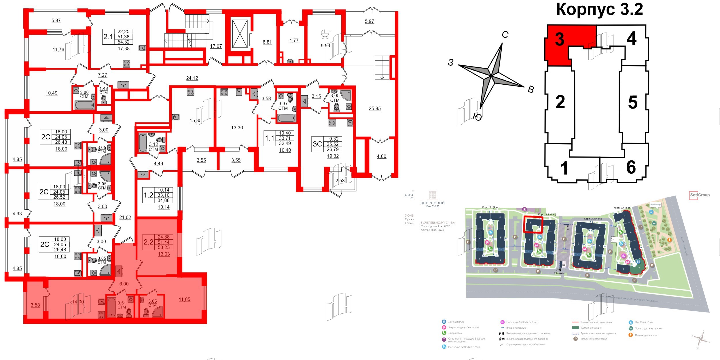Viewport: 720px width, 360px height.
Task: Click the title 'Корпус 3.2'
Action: pos(599,10)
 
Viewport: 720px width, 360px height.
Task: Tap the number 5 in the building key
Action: pos(632,102)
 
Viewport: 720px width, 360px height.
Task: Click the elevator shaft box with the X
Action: pos(240,34)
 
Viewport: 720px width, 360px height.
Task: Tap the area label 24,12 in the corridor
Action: pos(192,78)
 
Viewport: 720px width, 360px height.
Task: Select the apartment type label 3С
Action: pos(317,144)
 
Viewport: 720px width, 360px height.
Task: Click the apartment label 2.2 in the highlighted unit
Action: pos(149,242)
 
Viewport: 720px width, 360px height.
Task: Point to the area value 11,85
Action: pos(185,299)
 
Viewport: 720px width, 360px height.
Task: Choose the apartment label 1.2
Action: pos(149,195)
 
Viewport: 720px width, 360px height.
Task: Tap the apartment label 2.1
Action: pos(108,37)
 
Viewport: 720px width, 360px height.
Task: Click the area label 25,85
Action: pos(375,109)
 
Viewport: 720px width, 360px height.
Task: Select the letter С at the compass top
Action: pos(505,35)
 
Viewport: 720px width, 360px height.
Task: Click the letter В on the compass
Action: pos(530,90)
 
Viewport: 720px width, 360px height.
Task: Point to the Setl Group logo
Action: pos(700,195)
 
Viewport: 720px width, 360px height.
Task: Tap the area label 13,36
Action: pos(237,128)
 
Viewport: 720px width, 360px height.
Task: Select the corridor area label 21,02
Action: pos(125,217)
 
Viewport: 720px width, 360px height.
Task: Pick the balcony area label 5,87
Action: pos(56,20)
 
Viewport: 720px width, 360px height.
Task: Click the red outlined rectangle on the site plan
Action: pos(533,224)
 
